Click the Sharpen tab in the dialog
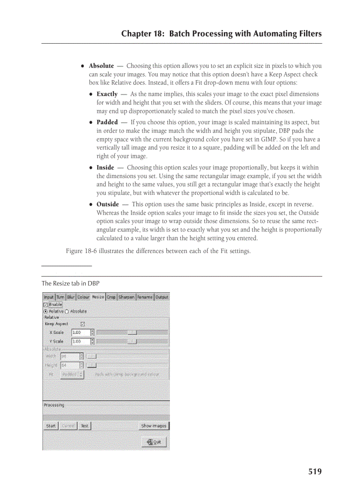(x=126, y=297)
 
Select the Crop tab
(x=111, y=297)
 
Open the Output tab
(x=161, y=297)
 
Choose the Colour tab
(x=83, y=297)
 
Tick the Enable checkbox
(x=45, y=305)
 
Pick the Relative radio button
(x=46, y=311)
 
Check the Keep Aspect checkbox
(x=82, y=324)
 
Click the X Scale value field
(x=80, y=332)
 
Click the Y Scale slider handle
(x=131, y=341)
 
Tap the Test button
(x=84, y=426)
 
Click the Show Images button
(x=154, y=426)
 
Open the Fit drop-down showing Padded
(x=72, y=374)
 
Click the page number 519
(x=315, y=472)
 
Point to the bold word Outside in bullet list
(x=108, y=204)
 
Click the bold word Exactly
(x=107, y=94)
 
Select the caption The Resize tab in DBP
(x=71, y=283)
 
